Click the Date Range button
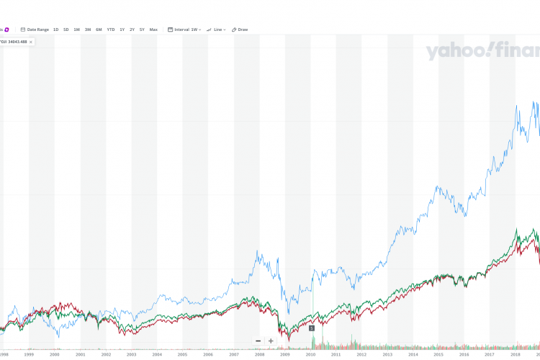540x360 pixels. click(36, 30)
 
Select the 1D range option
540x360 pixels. click(55, 30)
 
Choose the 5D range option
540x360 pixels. click(66, 30)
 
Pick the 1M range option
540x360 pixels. click(76, 30)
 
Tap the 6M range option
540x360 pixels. click(99, 30)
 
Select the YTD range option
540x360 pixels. click(110, 30)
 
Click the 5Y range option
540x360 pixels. click(142, 30)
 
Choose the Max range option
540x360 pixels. click(153, 30)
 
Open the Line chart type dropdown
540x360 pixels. click(216, 30)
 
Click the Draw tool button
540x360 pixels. click(240, 30)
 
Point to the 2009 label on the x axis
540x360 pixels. click(284, 354)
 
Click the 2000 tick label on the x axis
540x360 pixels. click(54, 354)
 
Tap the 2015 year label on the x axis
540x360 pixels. click(438, 354)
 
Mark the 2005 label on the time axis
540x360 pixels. click(182, 354)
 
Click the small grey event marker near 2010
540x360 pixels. click(312, 328)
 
